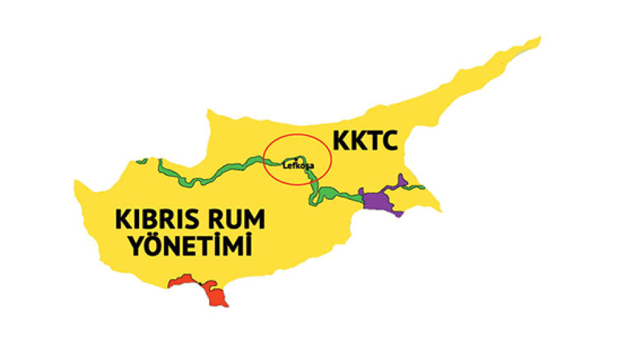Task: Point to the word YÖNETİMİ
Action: pyautogui.click(x=190, y=247)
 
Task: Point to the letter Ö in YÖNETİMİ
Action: pyautogui.click(x=152, y=246)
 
